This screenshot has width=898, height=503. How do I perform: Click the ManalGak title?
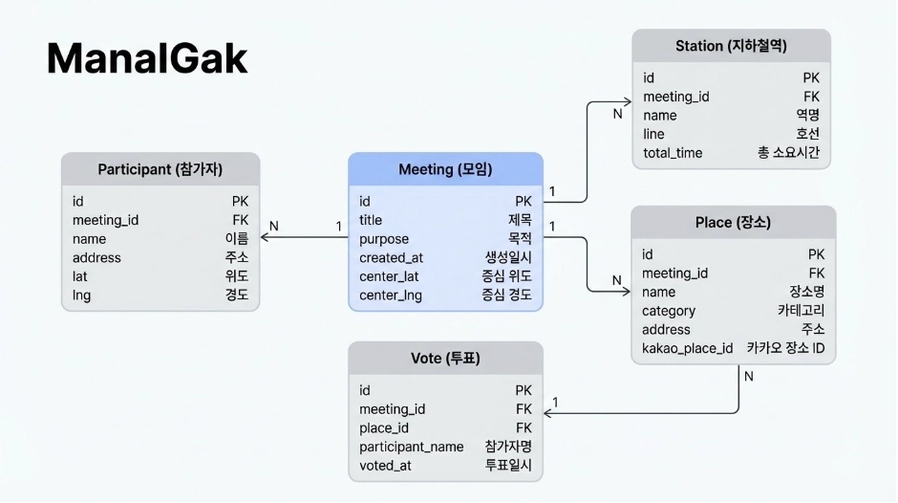pyautogui.click(x=147, y=59)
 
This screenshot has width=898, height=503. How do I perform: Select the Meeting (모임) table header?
pyautogui.click(x=445, y=170)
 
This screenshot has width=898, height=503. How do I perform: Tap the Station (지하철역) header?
pyautogui.click(x=731, y=46)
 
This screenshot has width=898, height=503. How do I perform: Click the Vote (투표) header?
pyautogui.click(x=445, y=359)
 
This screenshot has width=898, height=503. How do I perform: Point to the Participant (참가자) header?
pyautogui.click(x=160, y=170)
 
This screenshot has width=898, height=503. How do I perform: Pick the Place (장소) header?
pyautogui.click(x=733, y=223)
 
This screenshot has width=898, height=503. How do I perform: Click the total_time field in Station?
pyautogui.click(x=673, y=152)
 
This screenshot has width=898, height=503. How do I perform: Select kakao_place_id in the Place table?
pyautogui.click(x=687, y=348)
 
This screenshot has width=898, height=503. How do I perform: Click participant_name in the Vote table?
pyautogui.click(x=411, y=447)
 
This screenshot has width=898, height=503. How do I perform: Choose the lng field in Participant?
pyautogui.click(x=82, y=295)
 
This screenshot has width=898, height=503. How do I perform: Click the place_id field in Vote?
pyautogui.click(x=384, y=427)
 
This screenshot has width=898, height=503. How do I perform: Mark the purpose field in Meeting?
pyautogui.click(x=384, y=239)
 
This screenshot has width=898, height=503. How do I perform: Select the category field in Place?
pyautogui.click(x=669, y=311)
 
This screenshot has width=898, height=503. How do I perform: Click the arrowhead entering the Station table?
pyautogui.click(x=627, y=100)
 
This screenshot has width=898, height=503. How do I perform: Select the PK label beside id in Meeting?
pyautogui.click(x=524, y=201)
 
